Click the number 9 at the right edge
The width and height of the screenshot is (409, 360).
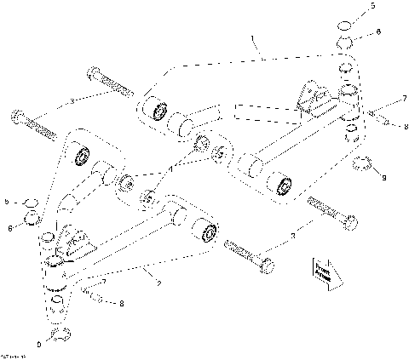[384, 177]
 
